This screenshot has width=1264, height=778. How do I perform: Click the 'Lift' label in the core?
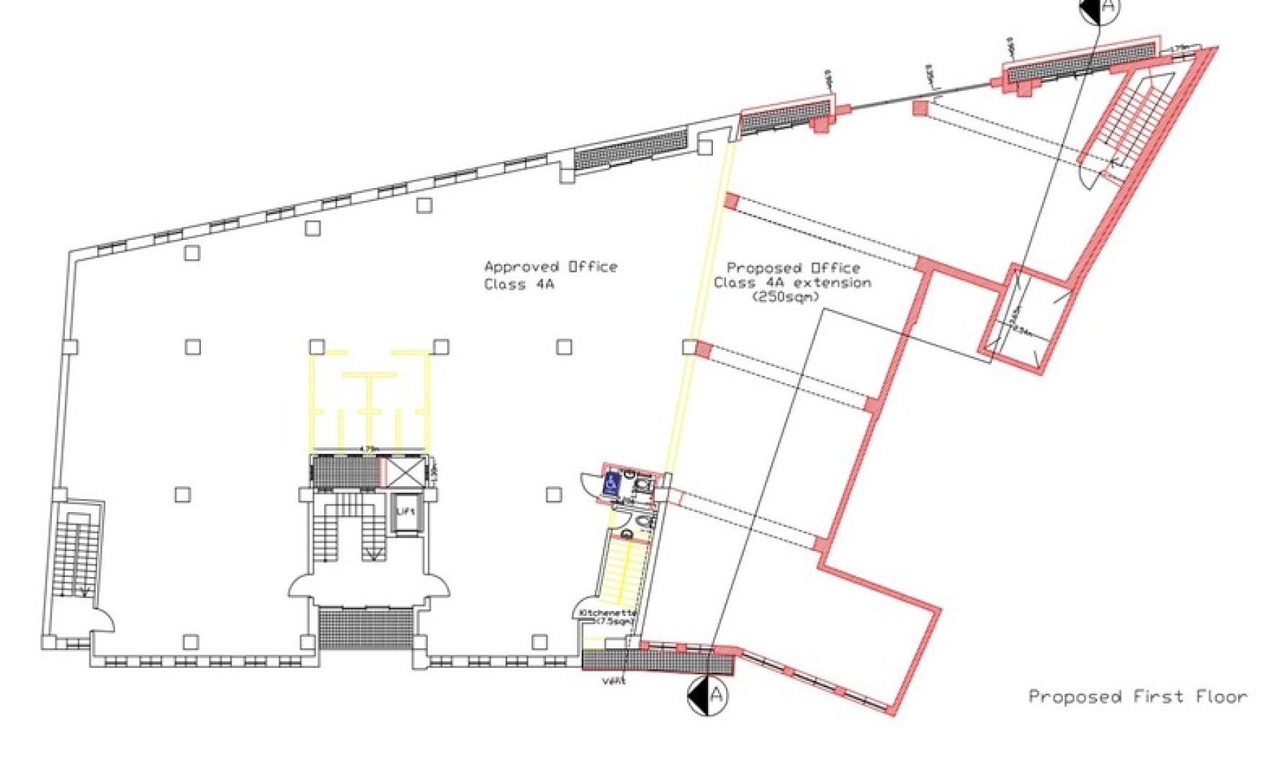(x=406, y=511)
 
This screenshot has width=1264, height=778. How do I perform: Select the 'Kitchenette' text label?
(x=607, y=612)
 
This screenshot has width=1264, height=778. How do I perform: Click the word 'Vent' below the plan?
(x=614, y=681)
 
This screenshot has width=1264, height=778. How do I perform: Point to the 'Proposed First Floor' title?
(x=1137, y=697)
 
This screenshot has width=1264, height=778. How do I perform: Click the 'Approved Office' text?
(x=550, y=267)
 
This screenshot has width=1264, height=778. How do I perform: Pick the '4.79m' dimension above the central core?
(x=369, y=450)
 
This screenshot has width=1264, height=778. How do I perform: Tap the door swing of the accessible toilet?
(x=591, y=483)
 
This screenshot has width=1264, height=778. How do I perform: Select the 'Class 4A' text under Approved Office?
(x=519, y=285)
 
